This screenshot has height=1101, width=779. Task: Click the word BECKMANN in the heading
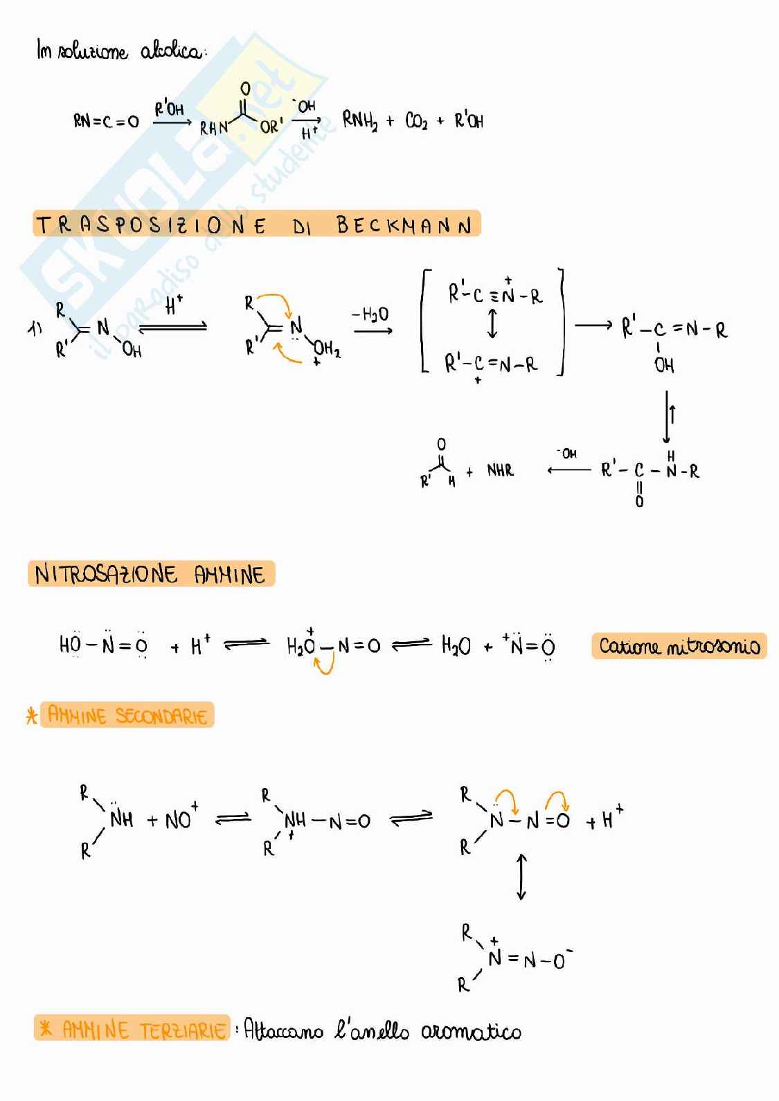[x=404, y=226]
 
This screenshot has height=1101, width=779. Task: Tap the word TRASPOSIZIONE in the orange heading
[x=151, y=226]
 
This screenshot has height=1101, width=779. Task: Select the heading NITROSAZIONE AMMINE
[x=150, y=575]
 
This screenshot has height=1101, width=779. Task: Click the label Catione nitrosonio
[x=679, y=647]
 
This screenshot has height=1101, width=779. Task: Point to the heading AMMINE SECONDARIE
[x=127, y=715]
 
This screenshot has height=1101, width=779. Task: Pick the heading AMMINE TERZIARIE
[x=143, y=1030]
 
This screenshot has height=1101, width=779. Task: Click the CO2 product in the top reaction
[x=416, y=123]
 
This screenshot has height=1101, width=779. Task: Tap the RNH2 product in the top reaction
[x=360, y=121]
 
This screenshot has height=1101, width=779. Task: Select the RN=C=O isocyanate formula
[x=106, y=121]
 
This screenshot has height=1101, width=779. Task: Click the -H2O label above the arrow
[x=370, y=315]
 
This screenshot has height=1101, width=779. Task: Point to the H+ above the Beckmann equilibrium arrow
[x=173, y=306]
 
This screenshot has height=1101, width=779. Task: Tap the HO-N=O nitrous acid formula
[x=103, y=645]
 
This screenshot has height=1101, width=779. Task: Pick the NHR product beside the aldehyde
[x=500, y=471]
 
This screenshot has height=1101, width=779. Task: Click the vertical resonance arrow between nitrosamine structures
[x=521, y=877]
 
